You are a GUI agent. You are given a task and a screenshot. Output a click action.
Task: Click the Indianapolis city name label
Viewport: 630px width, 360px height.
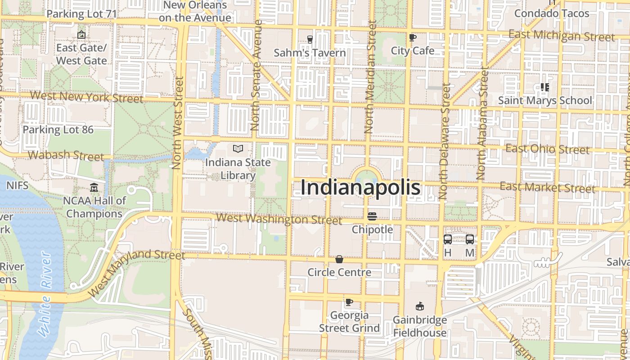[x=360, y=187]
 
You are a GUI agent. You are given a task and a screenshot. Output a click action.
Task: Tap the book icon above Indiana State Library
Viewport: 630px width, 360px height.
[x=238, y=148]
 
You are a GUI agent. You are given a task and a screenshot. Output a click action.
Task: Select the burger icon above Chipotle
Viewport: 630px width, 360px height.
[x=372, y=216]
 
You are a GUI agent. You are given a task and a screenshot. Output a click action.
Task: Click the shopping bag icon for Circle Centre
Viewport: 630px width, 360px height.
[x=339, y=259]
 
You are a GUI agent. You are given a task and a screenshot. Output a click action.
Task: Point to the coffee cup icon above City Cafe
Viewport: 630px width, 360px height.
[x=412, y=37]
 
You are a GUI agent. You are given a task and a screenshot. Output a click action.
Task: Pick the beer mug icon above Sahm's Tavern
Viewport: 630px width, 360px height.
[x=310, y=40]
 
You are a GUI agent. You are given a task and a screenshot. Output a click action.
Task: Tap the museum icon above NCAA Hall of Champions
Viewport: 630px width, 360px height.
[x=94, y=187]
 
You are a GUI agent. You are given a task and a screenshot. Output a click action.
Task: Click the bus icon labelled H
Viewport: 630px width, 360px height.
[x=448, y=239]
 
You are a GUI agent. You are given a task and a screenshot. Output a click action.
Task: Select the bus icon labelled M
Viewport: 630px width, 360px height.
[x=470, y=239]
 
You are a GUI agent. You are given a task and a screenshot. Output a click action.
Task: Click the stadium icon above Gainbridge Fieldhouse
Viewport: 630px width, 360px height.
[x=420, y=306]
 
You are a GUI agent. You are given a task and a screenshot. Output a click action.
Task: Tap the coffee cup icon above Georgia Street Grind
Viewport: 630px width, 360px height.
[x=349, y=302]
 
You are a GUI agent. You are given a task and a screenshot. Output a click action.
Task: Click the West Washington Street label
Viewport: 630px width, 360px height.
[x=279, y=219]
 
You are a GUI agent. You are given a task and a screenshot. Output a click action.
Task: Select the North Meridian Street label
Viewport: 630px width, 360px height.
[x=370, y=76]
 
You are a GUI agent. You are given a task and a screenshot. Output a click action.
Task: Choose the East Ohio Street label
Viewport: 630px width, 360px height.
[x=547, y=148]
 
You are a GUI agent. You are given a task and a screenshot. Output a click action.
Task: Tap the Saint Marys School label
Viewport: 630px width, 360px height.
[x=545, y=100]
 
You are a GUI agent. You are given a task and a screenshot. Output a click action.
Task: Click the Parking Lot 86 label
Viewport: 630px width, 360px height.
[x=58, y=130]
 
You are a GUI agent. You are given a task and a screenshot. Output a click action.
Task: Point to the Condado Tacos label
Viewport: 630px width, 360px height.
[x=552, y=13]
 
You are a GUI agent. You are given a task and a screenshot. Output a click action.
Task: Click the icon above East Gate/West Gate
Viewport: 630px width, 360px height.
[x=81, y=34]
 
